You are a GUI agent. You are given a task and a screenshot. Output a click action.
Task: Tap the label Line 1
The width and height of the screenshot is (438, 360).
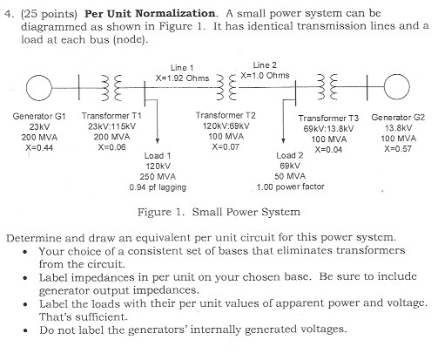point(182,67)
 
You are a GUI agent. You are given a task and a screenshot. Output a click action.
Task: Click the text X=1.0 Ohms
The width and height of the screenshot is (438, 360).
point(265,75)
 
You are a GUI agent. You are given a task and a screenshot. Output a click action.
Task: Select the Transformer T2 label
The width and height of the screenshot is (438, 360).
point(226,116)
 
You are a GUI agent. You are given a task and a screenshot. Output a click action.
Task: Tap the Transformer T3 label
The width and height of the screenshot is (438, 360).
point(328,118)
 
